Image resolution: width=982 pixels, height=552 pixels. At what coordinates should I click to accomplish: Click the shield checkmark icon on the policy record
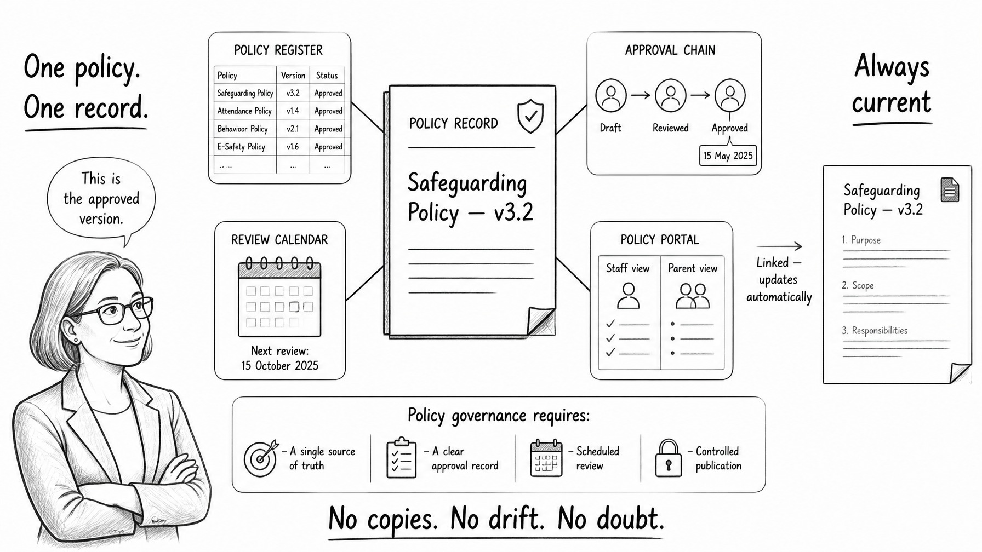pos(530,116)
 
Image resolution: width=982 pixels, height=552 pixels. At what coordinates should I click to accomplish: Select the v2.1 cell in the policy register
pos(293,129)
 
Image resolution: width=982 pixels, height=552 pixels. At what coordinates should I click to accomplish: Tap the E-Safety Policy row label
pos(241,147)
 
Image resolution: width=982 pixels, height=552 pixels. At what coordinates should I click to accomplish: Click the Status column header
pos(327,76)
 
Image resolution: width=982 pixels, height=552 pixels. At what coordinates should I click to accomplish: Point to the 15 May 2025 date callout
pos(728,156)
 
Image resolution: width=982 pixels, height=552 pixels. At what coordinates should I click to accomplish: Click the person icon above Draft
pos(611,96)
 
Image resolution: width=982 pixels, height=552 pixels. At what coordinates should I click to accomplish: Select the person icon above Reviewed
pos(671,96)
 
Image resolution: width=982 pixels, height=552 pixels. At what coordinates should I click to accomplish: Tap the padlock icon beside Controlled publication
pos(669,458)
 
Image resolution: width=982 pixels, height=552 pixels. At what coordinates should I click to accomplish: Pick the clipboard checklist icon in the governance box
pos(401,458)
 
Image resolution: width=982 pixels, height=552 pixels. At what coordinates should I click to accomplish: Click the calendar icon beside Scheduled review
pos(546,458)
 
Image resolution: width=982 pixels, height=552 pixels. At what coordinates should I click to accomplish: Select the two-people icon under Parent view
pos(693,296)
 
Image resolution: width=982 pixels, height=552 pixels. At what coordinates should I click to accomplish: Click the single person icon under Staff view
pos(628,296)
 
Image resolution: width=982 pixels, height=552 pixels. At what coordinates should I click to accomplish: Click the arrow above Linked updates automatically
pos(779,246)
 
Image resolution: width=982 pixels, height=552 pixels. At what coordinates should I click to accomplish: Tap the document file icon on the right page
pos(950,190)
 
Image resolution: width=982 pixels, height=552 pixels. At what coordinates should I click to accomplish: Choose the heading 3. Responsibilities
pos(875,331)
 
